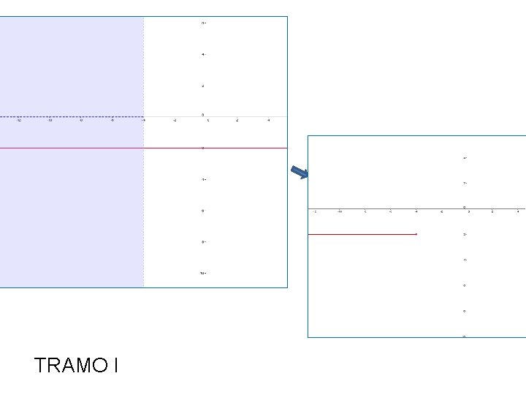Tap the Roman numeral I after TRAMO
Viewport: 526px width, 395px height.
pos(115,365)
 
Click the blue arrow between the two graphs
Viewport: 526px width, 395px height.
pos(300,173)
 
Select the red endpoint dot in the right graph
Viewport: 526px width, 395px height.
pos(416,234)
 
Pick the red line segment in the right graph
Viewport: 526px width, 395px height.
pos(362,234)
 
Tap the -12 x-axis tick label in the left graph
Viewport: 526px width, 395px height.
pos(19,121)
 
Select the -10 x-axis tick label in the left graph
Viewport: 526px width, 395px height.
pos(50,121)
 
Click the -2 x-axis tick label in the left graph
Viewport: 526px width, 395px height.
pos(175,121)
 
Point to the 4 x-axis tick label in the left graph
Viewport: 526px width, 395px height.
pos(268,121)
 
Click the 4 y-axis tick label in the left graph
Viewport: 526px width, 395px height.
pos(203,55)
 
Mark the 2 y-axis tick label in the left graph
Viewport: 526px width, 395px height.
pos(203,86)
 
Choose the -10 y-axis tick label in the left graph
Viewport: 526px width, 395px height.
pos(202,273)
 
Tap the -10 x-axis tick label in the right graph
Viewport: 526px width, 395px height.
pos(340,212)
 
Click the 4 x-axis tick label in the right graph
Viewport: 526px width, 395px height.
pos(517,212)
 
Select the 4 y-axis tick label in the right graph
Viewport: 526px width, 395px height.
pos(464,158)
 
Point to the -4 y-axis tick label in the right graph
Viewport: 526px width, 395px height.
pos(464,260)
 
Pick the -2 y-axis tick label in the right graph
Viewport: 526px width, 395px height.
pos(464,234)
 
